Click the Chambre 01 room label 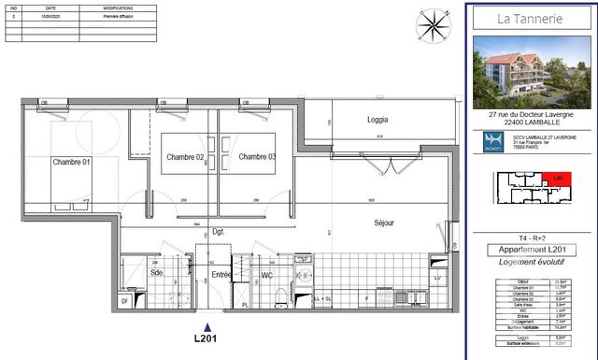pyautogui.click(x=71, y=162)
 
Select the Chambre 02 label pyautogui.click(x=185, y=157)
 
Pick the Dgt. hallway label pyautogui.click(x=220, y=231)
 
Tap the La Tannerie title pyautogui.click(x=529, y=18)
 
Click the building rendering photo pyautogui.click(x=529, y=72)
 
